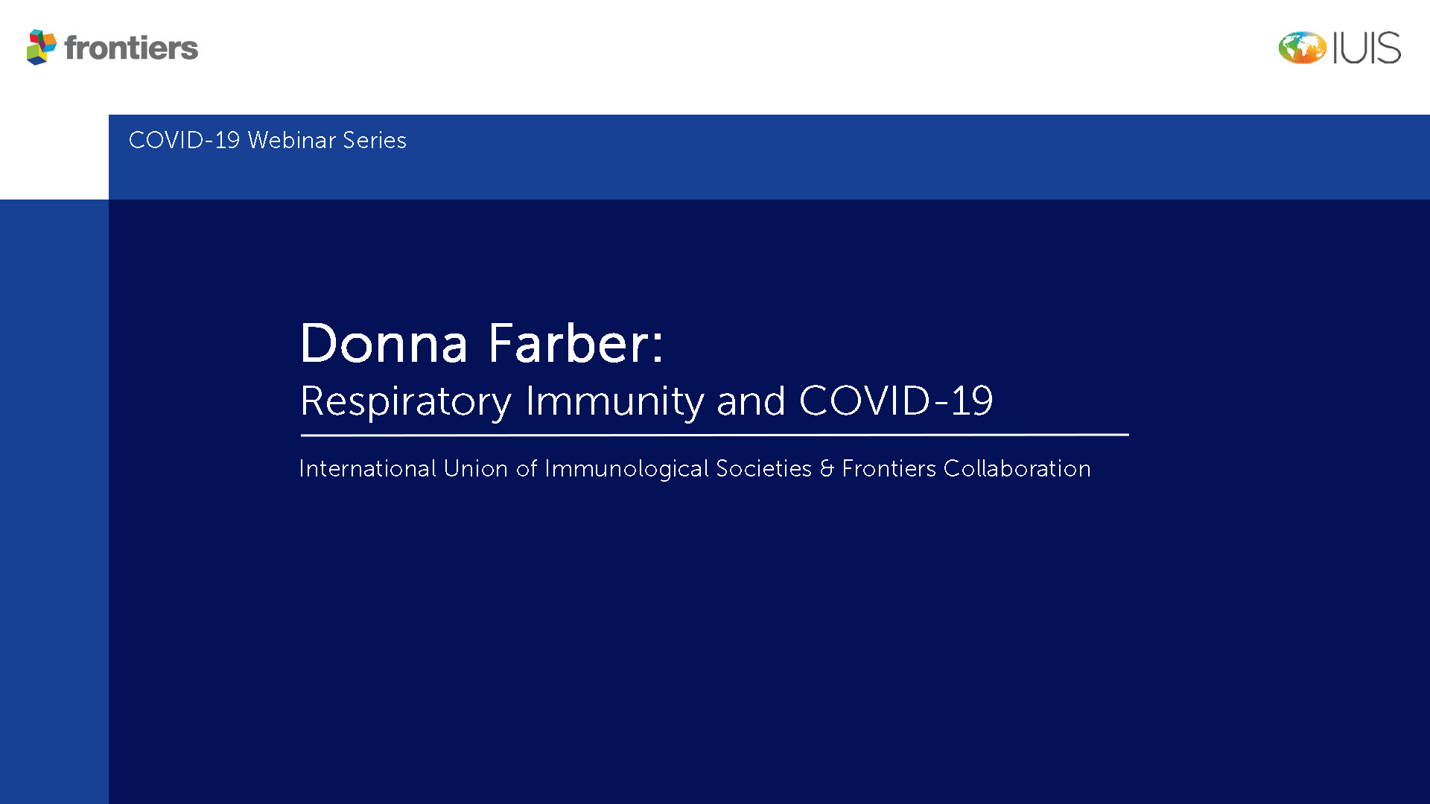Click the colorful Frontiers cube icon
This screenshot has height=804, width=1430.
[41, 47]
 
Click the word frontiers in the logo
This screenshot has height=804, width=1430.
[131, 48]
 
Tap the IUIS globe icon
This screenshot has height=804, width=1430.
[1302, 48]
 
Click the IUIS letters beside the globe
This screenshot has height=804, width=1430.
[1367, 48]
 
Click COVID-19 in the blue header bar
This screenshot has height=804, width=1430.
[184, 140]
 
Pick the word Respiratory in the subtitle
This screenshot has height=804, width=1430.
[406, 402]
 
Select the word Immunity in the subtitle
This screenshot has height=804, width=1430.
[614, 402]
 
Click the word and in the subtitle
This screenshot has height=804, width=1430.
[751, 401]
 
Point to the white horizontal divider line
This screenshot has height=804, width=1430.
[715, 435]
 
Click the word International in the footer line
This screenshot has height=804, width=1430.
[367, 468]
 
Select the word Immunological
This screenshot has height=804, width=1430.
[626, 469]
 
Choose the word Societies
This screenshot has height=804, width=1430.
[763, 468]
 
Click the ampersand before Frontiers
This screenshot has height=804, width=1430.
[827, 468]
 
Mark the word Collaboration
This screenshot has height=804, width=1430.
[1017, 468]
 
